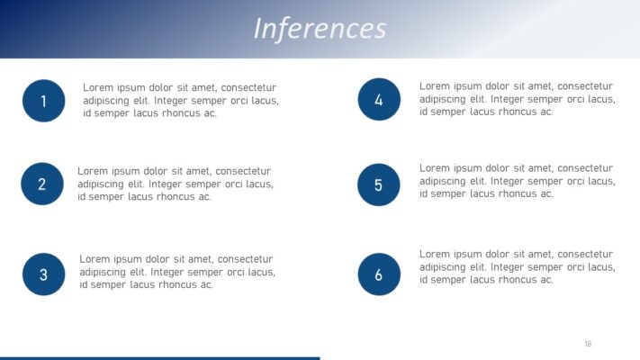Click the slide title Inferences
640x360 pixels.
point(320,28)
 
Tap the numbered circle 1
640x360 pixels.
point(43,101)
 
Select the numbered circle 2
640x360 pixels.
point(41,184)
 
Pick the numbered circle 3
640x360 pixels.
point(43,274)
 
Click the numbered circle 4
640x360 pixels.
point(379,100)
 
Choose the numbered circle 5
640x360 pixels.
point(379,184)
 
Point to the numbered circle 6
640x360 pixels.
point(379,274)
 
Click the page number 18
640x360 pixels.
point(588,343)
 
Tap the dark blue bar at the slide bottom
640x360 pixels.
point(159,357)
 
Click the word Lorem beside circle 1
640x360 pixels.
point(98,87)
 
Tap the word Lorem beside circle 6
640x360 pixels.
point(435,254)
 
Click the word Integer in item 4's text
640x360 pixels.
point(510,99)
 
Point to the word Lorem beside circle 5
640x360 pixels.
point(435,167)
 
